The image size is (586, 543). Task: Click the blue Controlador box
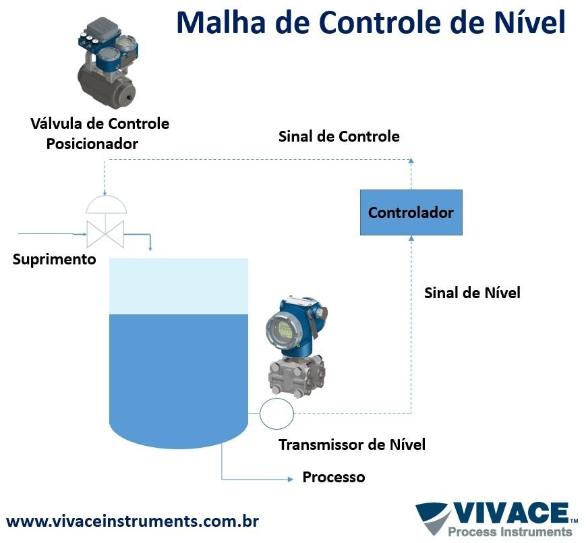pos(411,212)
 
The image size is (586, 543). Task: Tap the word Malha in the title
pos(221,22)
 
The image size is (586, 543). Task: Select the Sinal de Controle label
pos(339,136)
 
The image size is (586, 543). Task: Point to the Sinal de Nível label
pos(472,293)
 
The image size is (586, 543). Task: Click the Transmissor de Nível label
pos(352,445)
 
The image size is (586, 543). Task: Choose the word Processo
pos(334,477)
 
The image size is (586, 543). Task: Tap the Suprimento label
pos(55,260)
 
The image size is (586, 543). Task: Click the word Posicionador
pos(92,144)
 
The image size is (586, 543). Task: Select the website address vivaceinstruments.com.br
pos(132,521)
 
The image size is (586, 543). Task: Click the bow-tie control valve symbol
pos(105,234)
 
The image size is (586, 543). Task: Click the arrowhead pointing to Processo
pos(291,479)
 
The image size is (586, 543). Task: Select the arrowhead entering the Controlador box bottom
pos(411,238)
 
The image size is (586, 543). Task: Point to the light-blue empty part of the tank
pos(179,286)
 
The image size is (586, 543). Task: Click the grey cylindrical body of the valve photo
pos(107,87)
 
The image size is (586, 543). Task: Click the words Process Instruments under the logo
pos(510,532)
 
